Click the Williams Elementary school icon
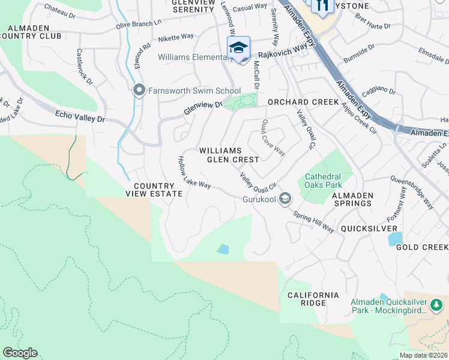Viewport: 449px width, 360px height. [238, 48]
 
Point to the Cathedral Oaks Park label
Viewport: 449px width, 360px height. [323, 181]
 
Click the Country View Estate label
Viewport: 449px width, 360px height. [154, 190]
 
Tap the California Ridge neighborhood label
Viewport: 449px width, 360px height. [313, 299]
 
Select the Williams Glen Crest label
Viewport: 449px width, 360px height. [229, 155]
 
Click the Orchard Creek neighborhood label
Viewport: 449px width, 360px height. [303, 102]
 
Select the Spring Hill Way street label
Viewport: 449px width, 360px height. [313, 221]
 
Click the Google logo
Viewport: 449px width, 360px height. [20, 353]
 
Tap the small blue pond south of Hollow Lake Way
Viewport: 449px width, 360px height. [223, 248]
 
